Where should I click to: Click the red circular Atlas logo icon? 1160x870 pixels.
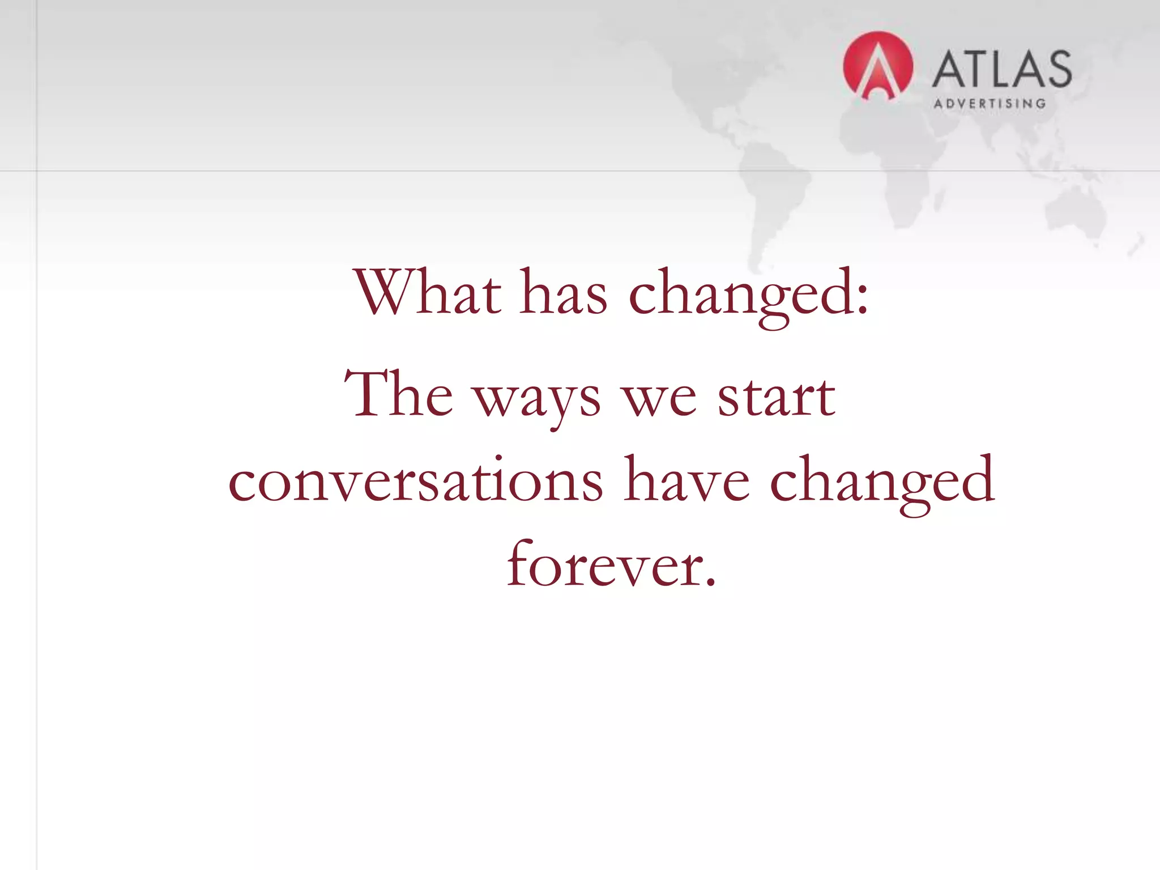pos(877,66)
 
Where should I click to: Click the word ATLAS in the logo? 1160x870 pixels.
pos(1001,69)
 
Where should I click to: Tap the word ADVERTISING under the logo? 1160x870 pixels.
pos(990,104)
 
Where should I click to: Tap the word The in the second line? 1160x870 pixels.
pos(399,394)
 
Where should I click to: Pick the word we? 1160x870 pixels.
pos(659,399)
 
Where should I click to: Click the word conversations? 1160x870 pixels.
pos(415,480)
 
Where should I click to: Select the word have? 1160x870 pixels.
pos(686,480)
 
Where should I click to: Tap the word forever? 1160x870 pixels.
pos(605,564)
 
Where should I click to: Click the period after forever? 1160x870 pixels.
pos(710,582)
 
